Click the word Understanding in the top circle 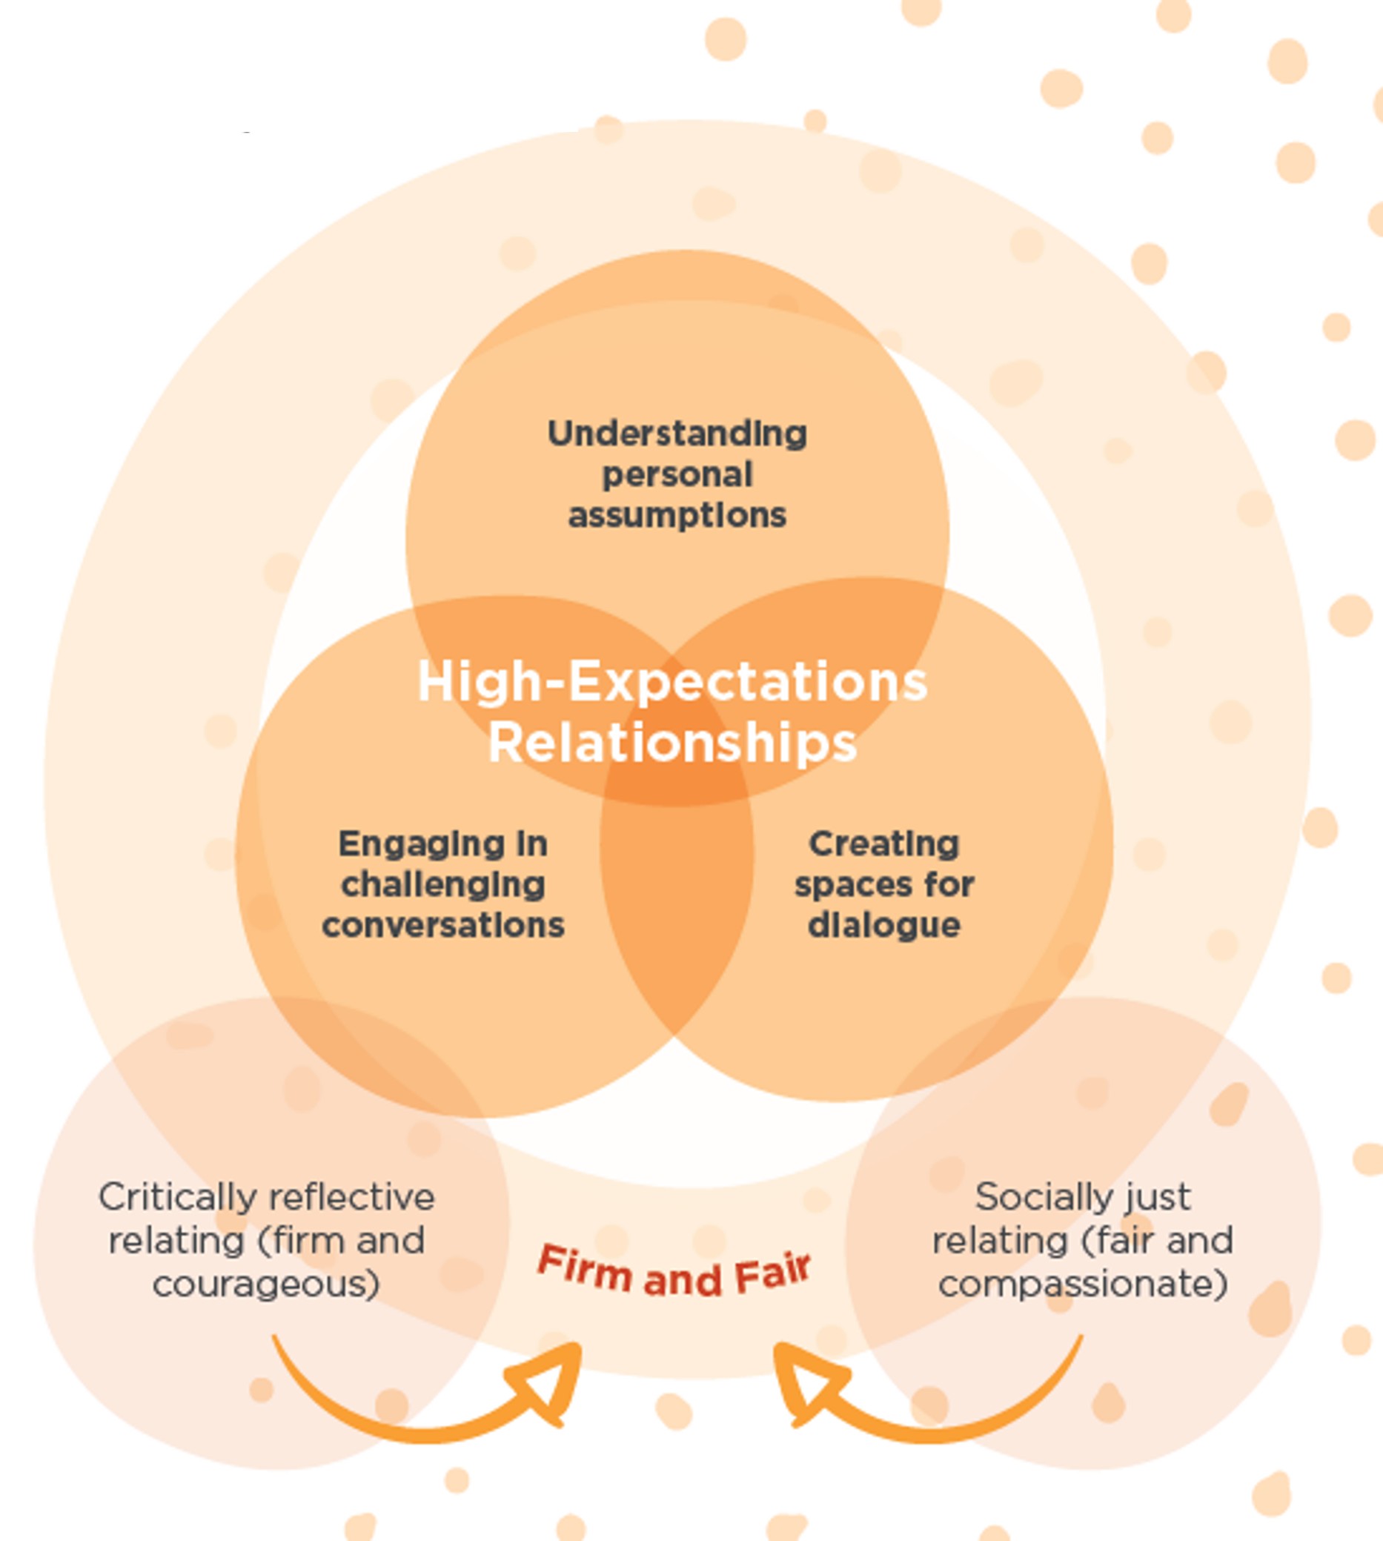click(676, 434)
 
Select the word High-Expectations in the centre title click(671, 682)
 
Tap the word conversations click(443, 926)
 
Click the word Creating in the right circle click(883, 844)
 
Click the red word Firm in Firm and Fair click(583, 1267)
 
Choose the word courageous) click(266, 1284)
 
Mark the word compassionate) click(1083, 1284)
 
